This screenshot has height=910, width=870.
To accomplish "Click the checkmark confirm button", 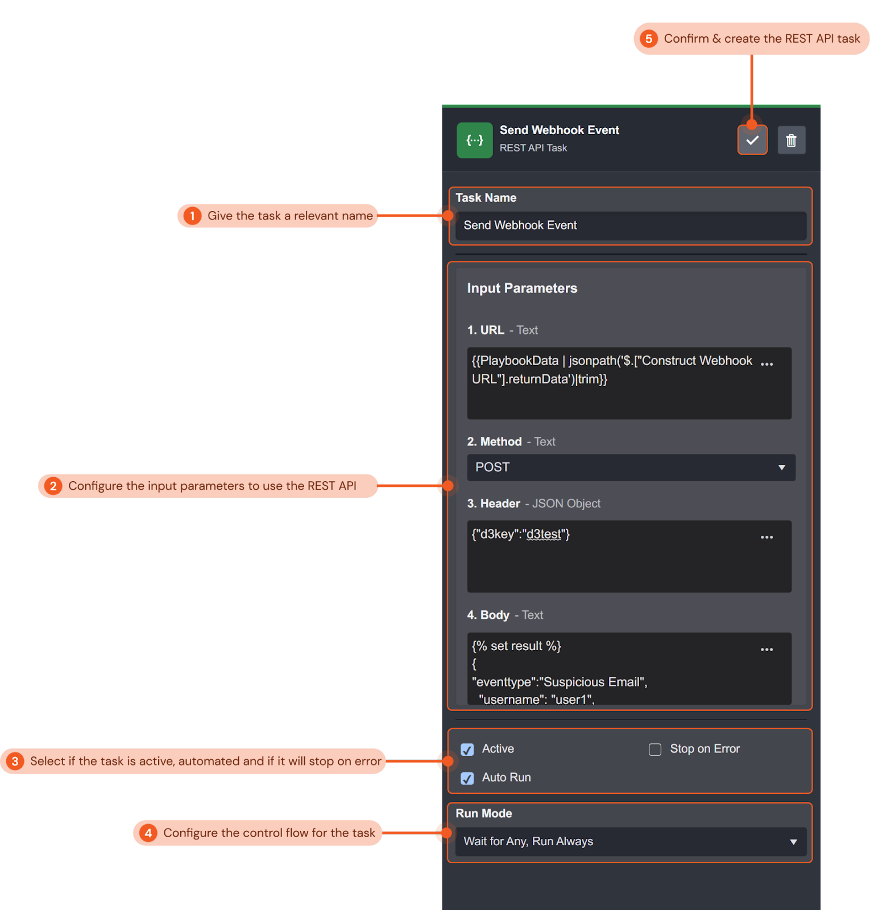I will [x=752, y=140].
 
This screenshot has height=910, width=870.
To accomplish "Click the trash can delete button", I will [x=791, y=140].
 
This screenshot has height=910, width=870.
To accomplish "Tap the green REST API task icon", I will [x=474, y=140].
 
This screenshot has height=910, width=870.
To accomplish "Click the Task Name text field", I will [x=630, y=225].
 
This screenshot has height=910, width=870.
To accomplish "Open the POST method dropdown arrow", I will [x=781, y=468].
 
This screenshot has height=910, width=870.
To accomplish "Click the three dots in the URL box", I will [x=767, y=364].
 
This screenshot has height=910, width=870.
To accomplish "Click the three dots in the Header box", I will [x=767, y=537].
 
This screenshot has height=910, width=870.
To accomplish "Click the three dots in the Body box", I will [x=767, y=650].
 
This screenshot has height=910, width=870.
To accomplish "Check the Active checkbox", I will [x=467, y=750].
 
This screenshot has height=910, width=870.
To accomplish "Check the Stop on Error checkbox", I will [x=655, y=750].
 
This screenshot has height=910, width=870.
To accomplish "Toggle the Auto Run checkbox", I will [x=467, y=778].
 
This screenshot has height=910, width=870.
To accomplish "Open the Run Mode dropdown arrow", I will [x=793, y=842].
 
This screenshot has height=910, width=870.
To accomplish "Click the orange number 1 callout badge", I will [x=193, y=216].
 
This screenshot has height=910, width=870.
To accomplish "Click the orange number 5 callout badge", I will [x=649, y=39].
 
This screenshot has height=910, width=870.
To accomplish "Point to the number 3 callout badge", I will [x=15, y=762].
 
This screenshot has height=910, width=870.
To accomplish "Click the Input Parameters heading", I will [x=522, y=288].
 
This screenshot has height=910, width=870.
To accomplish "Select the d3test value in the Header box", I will [x=544, y=534].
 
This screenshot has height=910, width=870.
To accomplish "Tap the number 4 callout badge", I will [x=148, y=833].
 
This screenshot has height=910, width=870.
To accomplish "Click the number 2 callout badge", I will [x=53, y=486].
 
